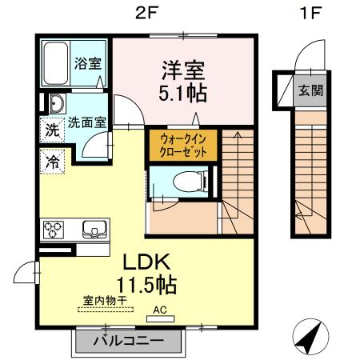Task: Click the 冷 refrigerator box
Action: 52,160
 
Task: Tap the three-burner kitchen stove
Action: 55,230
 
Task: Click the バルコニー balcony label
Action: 130,340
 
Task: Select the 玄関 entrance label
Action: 310,90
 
